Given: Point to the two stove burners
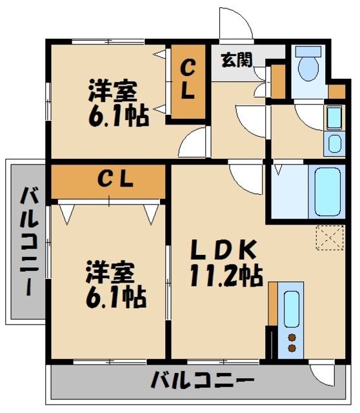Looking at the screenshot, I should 291,343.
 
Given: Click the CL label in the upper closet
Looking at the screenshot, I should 187,79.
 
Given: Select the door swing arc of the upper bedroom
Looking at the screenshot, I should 194,144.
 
